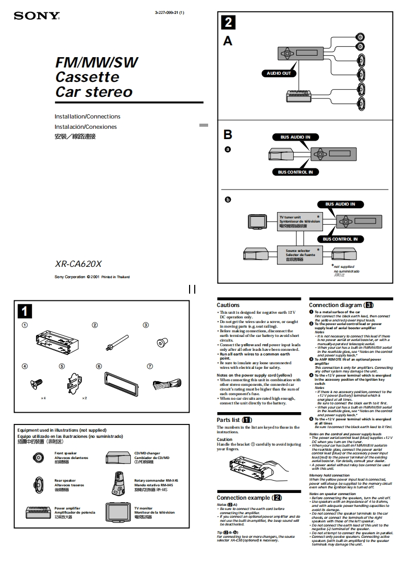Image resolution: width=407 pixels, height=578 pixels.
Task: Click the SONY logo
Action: [37, 15]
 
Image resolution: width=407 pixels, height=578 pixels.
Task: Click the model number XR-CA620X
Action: [78, 264]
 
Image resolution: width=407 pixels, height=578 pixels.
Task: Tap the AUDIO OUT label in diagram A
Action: [279, 73]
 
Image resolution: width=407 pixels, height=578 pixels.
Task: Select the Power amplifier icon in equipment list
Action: [39, 512]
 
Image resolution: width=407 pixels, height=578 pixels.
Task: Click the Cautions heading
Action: [228, 305]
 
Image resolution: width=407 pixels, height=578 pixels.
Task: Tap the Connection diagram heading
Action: [338, 305]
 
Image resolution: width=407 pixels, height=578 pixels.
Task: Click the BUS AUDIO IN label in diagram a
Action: [295, 137]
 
